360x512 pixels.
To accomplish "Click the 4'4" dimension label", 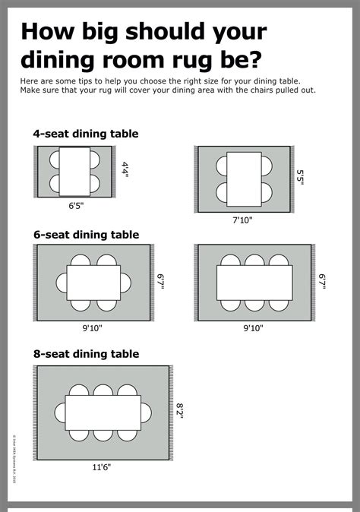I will [x=125, y=169].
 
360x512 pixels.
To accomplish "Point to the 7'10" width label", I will [x=243, y=220].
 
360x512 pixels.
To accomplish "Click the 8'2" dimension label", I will [x=181, y=409].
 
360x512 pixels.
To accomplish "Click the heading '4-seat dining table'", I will [x=86, y=134].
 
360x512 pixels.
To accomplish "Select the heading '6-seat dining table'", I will [x=86, y=235].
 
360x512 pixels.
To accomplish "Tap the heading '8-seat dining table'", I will [x=86, y=354].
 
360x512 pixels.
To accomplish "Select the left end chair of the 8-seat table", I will [x=59, y=412].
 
